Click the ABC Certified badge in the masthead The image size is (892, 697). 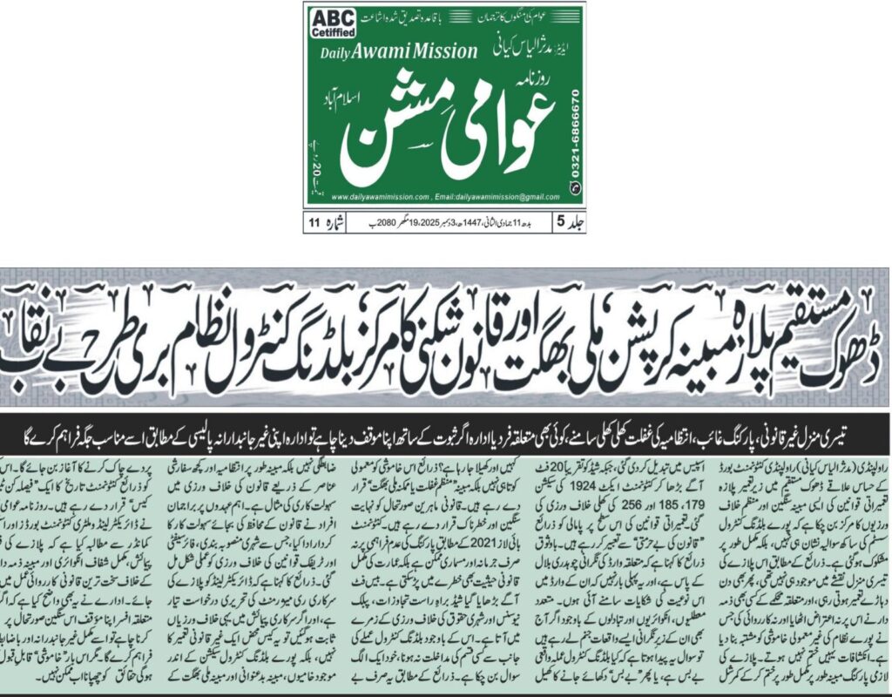click(x=331, y=24)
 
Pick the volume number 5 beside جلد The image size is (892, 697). click(x=560, y=223)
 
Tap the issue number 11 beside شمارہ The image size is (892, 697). click(x=313, y=223)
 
